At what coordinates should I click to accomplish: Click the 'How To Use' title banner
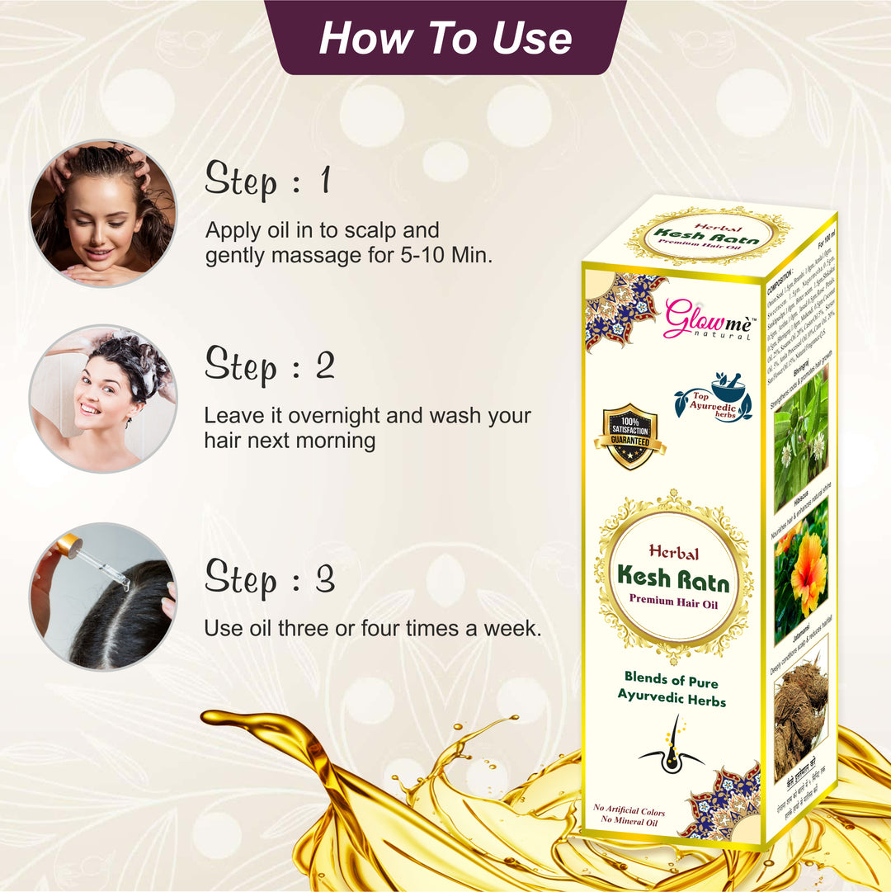pyautogui.click(x=445, y=37)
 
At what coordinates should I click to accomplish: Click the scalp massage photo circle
pyautogui.click(x=103, y=213)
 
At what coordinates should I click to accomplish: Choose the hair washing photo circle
pyautogui.click(x=103, y=399)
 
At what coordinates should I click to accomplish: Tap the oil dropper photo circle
pyautogui.click(x=103, y=596)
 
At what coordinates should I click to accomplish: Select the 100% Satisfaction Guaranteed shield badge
pyautogui.click(x=629, y=437)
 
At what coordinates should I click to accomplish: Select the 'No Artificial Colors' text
pyautogui.click(x=629, y=812)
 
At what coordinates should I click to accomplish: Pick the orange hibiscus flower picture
pyautogui.click(x=803, y=569)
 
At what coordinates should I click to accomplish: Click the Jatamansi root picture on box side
pyautogui.click(x=800, y=710)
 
